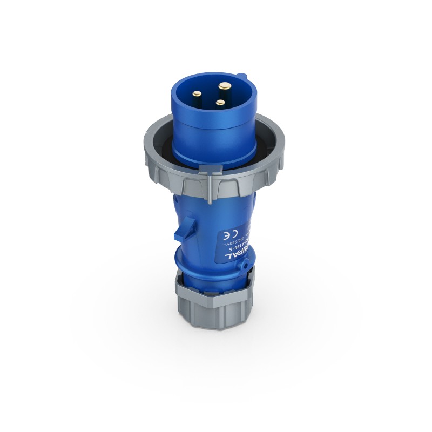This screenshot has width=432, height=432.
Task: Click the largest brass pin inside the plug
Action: (x=223, y=86)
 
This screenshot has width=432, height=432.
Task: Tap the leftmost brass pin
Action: (x=198, y=93)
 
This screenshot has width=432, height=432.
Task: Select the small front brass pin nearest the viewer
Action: (x=219, y=102)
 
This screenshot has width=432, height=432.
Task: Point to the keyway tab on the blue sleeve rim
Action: (x=243, y=79)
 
